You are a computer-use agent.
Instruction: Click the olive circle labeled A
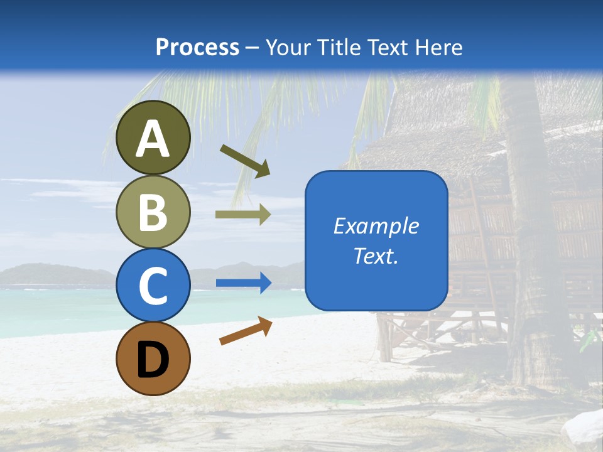tap(153, 137)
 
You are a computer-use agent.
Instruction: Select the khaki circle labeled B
tap(153, 212)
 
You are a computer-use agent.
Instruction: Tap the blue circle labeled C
tap(153, 285)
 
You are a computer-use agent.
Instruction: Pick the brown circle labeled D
tap(153, 358)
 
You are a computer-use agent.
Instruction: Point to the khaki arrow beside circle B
tap(242, 215)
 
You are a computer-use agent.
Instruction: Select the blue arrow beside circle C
tap(243, 283)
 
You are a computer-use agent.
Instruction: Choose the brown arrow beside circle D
tap(246, 330)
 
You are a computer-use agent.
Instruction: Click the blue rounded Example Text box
tap(376, 241)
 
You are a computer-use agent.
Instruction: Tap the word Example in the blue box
tap(376, 226)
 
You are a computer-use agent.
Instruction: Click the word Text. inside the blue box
tap(376, 256)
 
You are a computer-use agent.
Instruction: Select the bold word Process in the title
tap(197, 47)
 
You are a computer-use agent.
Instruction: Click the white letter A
tap(153, 139)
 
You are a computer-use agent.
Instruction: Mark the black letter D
tap(153, 360)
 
